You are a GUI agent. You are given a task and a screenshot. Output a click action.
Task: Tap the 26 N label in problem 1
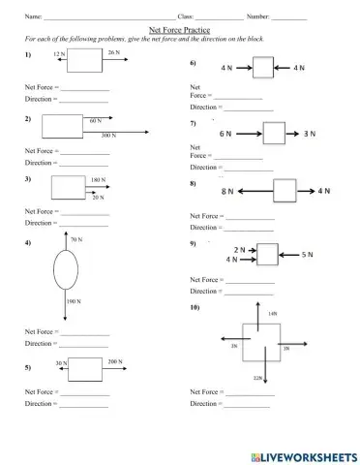tap(114, 52)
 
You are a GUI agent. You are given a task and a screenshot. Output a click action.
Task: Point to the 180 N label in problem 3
tap(98, 180)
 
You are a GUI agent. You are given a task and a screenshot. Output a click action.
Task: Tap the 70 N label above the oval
tap(76, 238)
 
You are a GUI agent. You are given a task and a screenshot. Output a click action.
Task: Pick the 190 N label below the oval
tap(73, 302)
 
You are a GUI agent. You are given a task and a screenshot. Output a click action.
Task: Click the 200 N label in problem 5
tap(115, 361)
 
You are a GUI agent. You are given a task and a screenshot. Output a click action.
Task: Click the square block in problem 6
tap(263, 69)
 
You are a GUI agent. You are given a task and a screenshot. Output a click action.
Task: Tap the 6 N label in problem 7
tap(225, 133)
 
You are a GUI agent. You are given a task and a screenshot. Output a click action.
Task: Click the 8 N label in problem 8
tap(228, 193)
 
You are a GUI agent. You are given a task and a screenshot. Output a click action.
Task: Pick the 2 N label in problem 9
tap(237, 249)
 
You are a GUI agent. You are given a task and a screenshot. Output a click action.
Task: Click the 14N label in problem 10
tap(272, 314)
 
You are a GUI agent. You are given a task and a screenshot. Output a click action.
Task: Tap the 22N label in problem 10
tap(256, 378)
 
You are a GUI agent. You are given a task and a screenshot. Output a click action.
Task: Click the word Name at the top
tap(32, 16)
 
